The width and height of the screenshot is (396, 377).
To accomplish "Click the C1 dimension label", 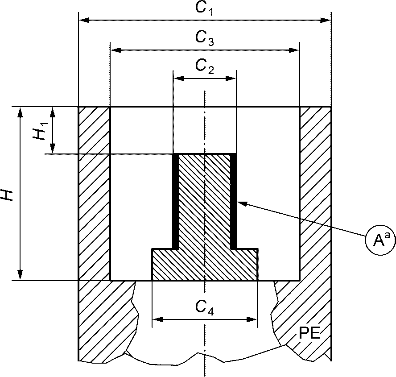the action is (204, 9).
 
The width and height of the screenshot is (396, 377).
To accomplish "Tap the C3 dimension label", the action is (204, 38).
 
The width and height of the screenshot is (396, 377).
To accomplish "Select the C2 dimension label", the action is (204, 67).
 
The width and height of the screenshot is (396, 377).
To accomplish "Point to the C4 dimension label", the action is (204, 308).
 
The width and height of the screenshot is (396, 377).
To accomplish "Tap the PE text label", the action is (309, 333).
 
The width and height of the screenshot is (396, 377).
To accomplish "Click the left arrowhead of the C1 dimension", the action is (84, 20).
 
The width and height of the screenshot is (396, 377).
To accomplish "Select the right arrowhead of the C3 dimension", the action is (294, 50).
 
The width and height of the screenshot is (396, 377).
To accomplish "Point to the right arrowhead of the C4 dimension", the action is (252, 319).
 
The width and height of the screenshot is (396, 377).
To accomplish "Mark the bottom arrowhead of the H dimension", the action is (20, 275).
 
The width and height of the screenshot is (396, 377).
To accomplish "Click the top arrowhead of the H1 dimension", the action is (53, 112).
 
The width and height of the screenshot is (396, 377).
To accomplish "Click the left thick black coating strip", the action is (175, 201).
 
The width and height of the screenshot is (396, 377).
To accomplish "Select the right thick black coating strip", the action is (233, 201).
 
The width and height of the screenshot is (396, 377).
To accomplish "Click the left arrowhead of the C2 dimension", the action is (179, 79).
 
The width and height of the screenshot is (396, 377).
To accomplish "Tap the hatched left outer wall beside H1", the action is (94, 130).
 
